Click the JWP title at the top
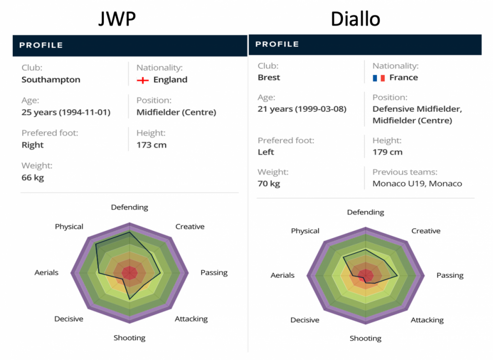tap(117, 19)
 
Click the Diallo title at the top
tap(355, 19)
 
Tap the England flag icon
tap(143, 80)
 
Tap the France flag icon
tap(379, 78)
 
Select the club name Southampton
tap(51, 80)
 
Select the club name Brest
tap(269, 77)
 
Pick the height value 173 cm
tap(151, 145)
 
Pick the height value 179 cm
tap(387, 152)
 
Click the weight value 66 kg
tap(33, 178)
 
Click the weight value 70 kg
tap(269, 184)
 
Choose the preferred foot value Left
tap(266, 152)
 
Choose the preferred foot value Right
tap(33, 145)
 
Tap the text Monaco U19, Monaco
tap(417, 184)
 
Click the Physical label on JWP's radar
tap(69, 227)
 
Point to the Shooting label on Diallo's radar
tap(365, 338)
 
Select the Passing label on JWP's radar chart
tap(214, 273)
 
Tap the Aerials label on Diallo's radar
tap(282, 276)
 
